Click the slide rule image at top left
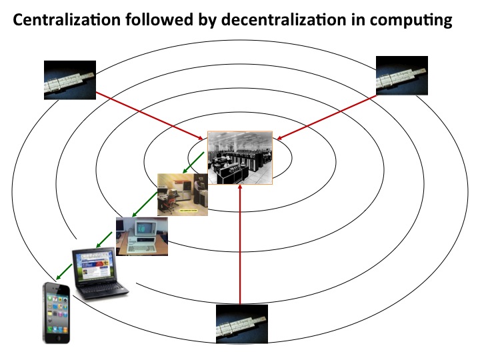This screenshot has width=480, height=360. [x=69, y=80]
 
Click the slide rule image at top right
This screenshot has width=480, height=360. [x=401, y=75]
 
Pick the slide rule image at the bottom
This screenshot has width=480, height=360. [x=241, y=323]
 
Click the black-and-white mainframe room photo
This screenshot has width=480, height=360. [x=240, y=157]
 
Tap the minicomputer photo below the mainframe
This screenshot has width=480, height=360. [x=182, y=194]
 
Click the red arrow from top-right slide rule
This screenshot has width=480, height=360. [x=326, y=117]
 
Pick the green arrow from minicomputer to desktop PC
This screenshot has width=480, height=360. [x=146, y=205]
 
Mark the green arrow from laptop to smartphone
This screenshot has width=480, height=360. [x=65, y=269]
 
